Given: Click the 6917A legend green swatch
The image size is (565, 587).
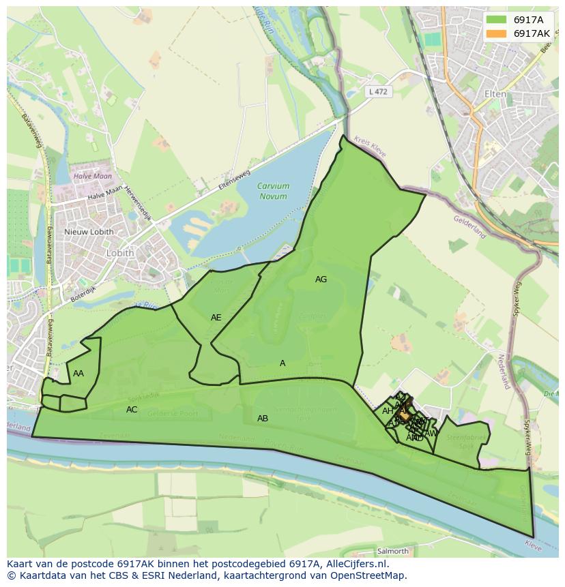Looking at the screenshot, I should (x=497, y=19).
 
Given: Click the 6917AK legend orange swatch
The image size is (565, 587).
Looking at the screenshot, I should (x=497, y=33).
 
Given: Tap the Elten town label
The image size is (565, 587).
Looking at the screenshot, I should (x=495, y=94).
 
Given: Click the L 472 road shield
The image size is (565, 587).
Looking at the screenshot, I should (x=377, y=91).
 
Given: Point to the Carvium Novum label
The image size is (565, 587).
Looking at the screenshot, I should (x=274, y=191).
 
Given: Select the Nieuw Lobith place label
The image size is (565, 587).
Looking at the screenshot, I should (x=89, y=232).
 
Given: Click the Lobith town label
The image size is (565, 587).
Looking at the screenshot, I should (x=119, y=252).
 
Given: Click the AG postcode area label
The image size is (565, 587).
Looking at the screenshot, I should (x=321, y=280).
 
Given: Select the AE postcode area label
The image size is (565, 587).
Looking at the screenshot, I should (x=216, y=318).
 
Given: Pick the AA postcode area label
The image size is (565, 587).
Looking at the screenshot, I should (x=78, y=374).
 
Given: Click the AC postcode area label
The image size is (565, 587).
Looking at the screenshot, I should (x=132, y=410).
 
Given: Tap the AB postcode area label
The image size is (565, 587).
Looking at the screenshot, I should (x=262, y=419).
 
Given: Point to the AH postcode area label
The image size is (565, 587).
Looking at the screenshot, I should (x=388, y=411).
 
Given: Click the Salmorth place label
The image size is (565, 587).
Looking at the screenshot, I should (x=392, y=551).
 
